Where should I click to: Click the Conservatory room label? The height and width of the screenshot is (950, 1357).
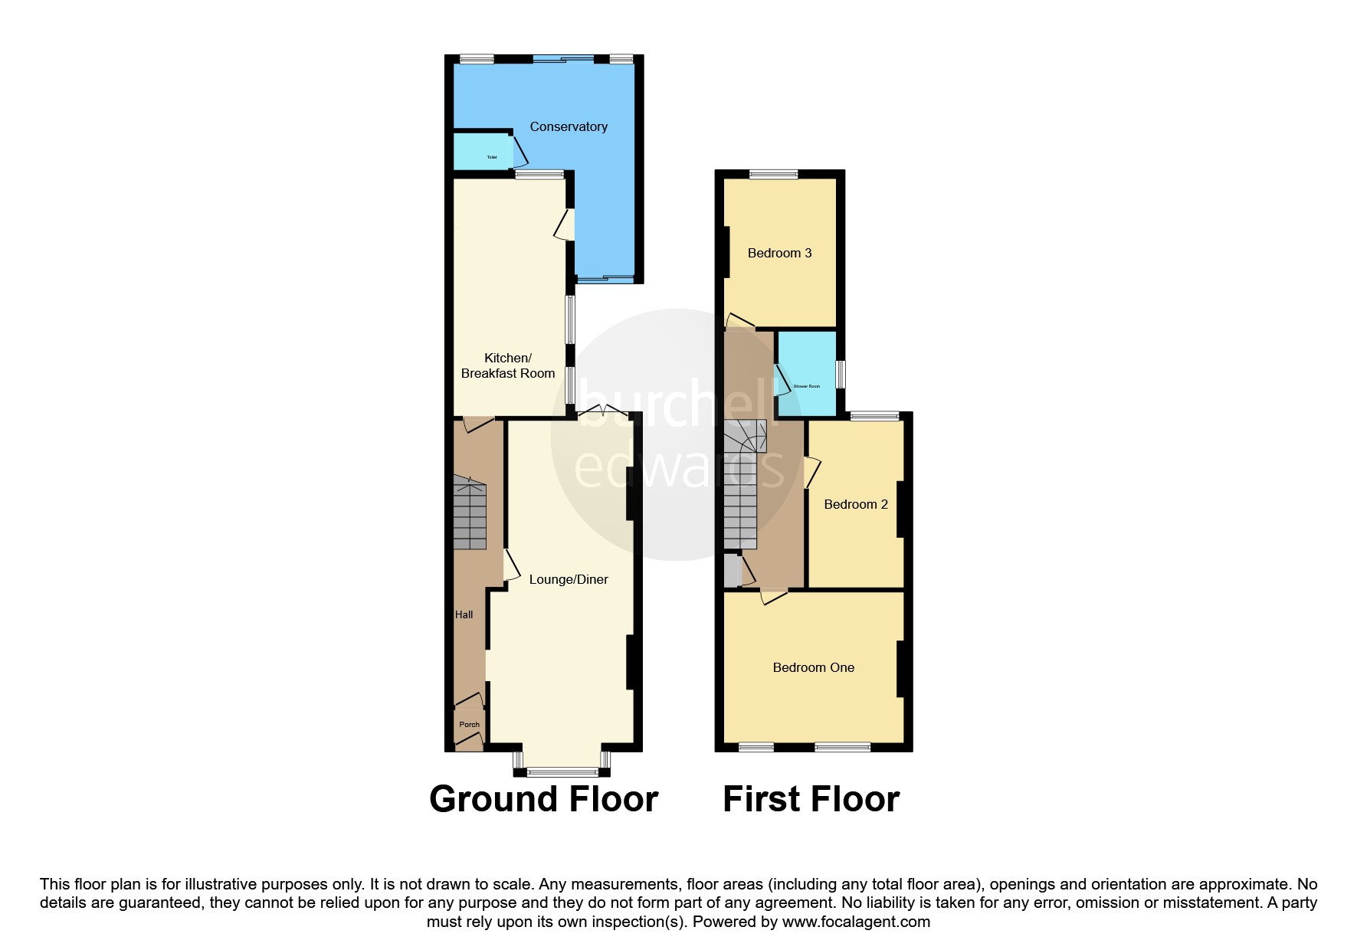click(569, 127)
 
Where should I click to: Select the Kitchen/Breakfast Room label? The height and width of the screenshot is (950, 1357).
click(508, 366)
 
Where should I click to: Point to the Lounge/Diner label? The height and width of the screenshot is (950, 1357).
click(569, 580)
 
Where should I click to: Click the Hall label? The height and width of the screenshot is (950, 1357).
click(464, 614)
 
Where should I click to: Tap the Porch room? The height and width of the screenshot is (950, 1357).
click(469, 725)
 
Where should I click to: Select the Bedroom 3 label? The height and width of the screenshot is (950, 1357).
click(779, 254)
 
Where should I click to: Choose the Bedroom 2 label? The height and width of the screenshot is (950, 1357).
click(856, 505)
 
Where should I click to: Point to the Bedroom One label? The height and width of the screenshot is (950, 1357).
click(813, 668)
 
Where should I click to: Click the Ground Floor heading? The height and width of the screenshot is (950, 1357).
click(543, 799)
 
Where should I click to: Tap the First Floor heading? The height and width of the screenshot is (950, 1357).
click(811, 799)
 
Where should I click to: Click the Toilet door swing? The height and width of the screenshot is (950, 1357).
click(520, 152)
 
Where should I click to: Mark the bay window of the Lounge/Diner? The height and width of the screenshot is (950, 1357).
click(562, 770)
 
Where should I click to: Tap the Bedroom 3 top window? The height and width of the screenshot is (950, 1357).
click(772, 174)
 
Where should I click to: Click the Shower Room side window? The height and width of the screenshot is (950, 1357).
click(841, 374)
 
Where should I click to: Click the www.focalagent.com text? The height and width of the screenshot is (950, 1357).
click(856, 922)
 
